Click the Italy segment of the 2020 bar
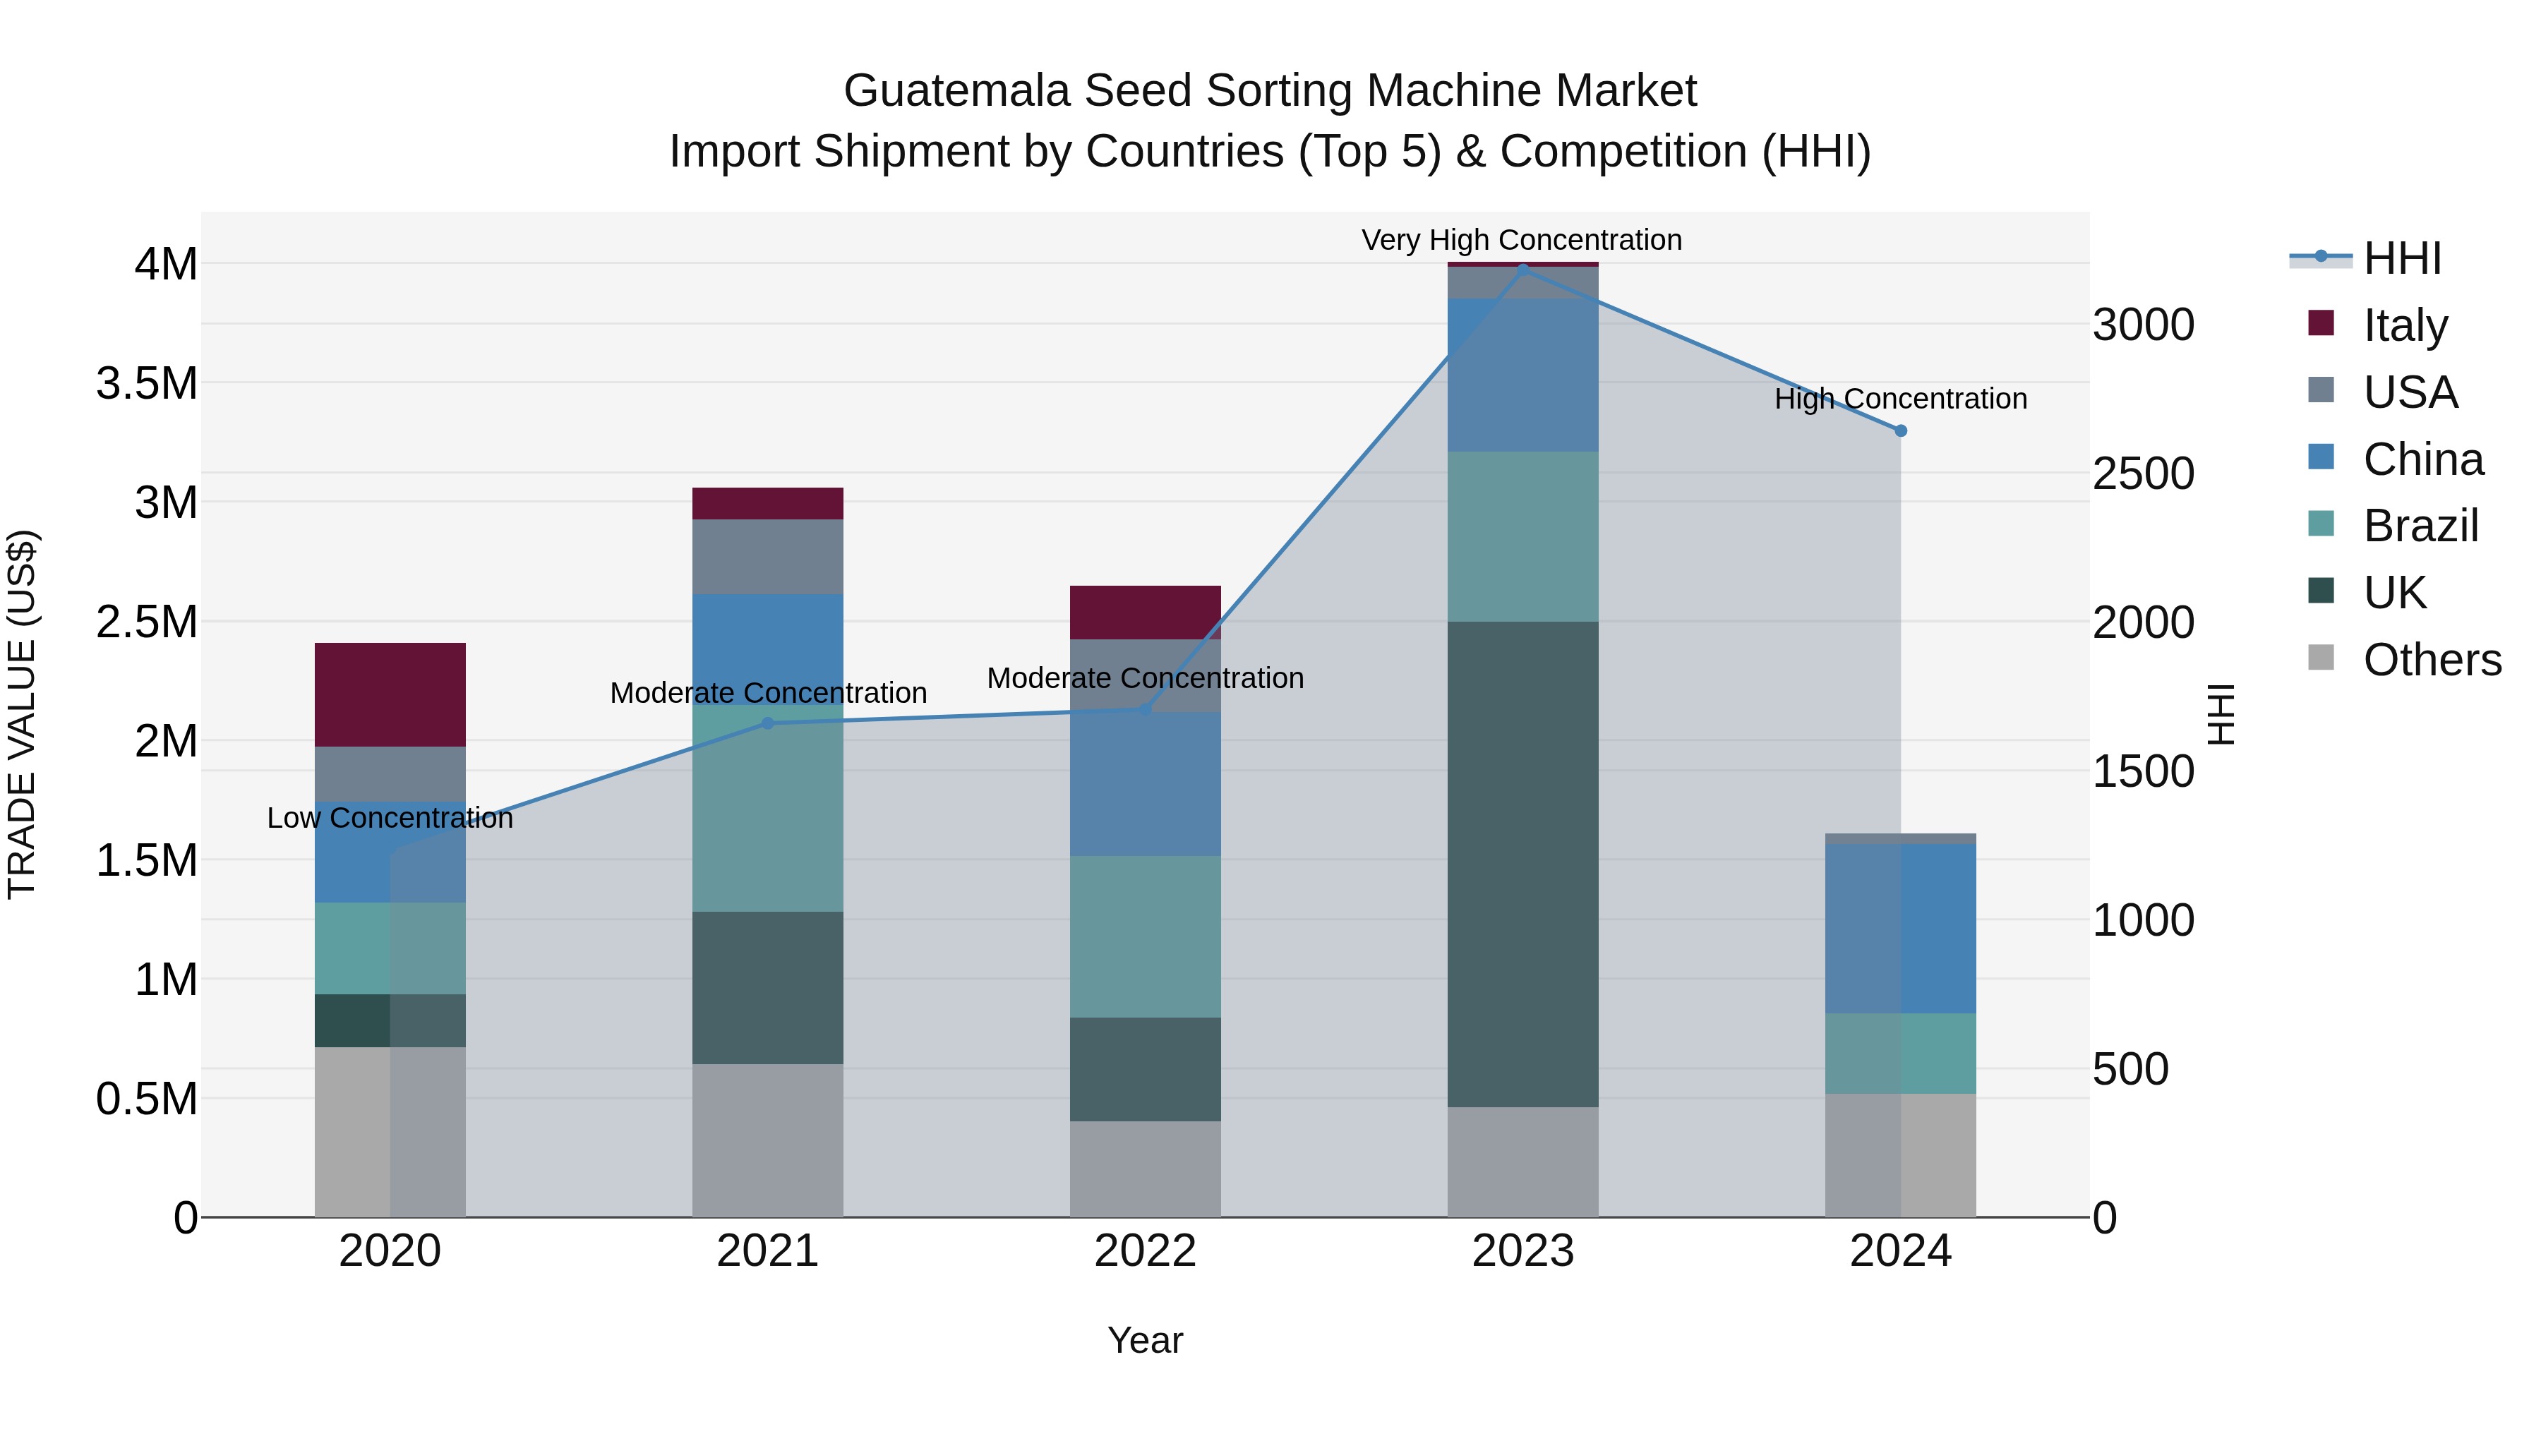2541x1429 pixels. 390,694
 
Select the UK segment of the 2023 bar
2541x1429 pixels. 1522,864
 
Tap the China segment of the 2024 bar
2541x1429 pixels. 1900,928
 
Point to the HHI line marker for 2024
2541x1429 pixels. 1901,431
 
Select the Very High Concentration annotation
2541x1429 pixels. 1521,240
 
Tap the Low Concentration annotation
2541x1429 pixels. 390,818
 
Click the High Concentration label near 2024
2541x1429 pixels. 1900,399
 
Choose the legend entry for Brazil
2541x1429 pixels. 2420,526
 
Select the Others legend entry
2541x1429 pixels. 2432,660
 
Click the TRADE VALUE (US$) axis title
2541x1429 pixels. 22,714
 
